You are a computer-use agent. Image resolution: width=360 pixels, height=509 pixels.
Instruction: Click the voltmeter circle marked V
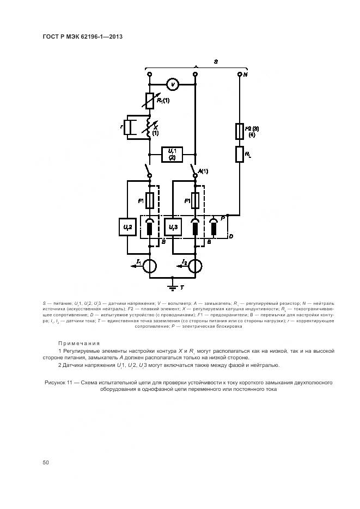pyautogui.click(x=172, y=85)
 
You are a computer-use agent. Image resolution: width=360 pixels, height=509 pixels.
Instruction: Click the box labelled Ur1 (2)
pyautogui.click(x=172, y=154)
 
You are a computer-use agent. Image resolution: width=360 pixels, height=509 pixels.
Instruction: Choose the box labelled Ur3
pyautogui.click(x=172, y=226)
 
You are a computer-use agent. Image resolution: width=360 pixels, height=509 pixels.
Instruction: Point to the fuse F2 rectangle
pyautogui.click(x=239, y=131)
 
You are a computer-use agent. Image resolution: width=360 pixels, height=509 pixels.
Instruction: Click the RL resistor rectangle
pyautogui.click(x=239, y=154)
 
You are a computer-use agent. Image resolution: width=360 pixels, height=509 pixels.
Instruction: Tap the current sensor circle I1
pyautogui.click(x=150, y=265)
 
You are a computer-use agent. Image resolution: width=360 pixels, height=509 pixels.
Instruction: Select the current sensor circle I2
pyautogui.click(x=195, y=265)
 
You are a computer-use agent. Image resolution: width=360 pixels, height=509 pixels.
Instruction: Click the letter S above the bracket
pyautogui.click(x=216, y=63)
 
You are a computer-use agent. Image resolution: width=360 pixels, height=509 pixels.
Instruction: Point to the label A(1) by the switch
pyautogui.click(x=203, y=171)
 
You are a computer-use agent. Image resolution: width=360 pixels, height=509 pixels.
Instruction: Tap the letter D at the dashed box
pyautogui.click(x=230, y=236)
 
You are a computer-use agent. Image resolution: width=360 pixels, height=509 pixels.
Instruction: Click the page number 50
pyautogui.click(x=46, y=462)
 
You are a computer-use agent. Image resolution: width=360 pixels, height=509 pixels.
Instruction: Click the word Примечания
pyautogui.click(x=79, y=344)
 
